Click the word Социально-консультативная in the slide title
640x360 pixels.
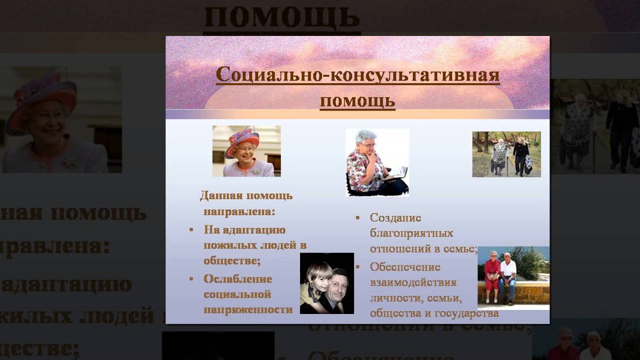tap(357, 75)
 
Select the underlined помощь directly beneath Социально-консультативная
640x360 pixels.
tap(357, 101)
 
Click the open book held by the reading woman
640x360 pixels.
tap(396, 173)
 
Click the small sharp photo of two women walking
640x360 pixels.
tap(506, 154)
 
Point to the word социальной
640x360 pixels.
tap(237, 294)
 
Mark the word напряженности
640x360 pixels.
tap(248, 309)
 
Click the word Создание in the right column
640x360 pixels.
tap(395, 218)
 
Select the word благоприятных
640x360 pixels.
tap(411, 233)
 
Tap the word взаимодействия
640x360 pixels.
tap(413, 282)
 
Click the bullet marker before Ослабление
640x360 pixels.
tap(191, 278)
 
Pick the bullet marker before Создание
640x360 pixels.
tap(357, 218)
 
